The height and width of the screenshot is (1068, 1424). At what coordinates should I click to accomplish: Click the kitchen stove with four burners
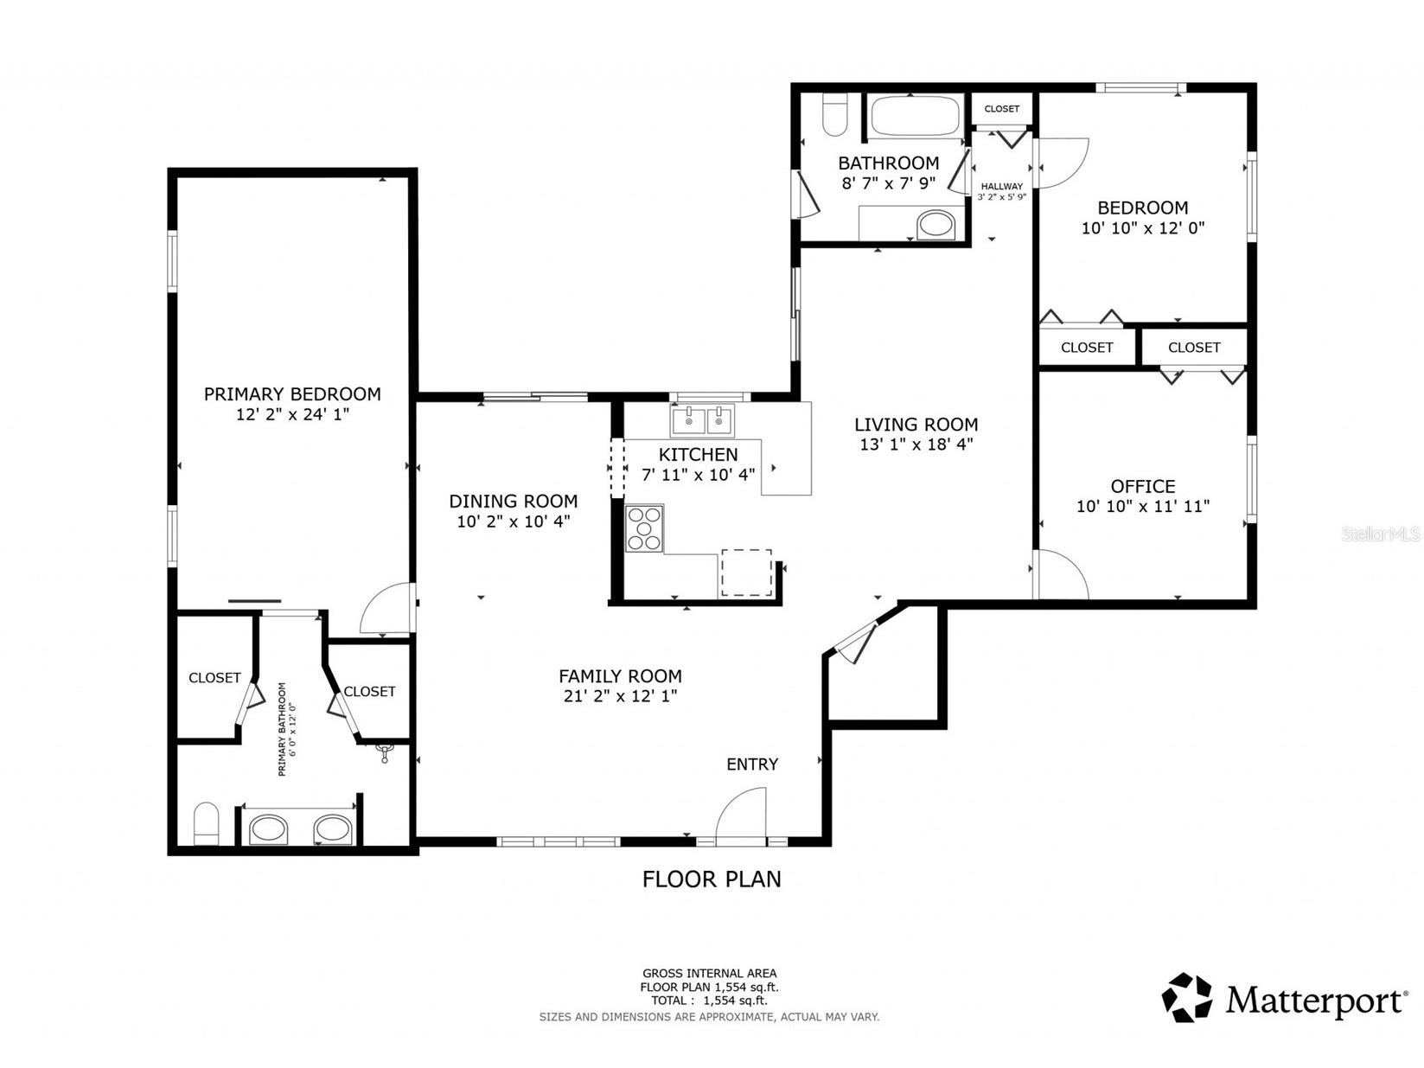643,528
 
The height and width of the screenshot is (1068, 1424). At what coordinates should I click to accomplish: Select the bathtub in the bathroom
914,116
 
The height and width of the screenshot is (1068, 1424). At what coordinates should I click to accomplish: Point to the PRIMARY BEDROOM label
292,393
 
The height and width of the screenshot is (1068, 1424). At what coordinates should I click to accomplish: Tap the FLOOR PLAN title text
711,879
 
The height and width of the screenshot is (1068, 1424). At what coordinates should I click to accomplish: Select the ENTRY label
752,764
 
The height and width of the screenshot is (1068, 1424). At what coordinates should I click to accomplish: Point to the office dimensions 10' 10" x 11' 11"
1142,506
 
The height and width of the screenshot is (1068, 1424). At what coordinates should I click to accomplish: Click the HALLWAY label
1002,186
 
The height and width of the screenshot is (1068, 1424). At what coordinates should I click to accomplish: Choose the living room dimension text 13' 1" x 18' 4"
916,444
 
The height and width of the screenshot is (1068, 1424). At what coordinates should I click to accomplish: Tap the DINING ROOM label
514,501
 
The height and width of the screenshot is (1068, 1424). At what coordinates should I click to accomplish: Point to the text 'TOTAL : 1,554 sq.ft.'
709,1000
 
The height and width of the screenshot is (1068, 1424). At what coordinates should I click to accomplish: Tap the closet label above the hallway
1002,109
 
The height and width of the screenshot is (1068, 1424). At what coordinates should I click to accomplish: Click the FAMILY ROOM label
620,676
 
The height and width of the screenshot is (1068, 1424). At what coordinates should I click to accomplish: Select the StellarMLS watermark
1381,534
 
